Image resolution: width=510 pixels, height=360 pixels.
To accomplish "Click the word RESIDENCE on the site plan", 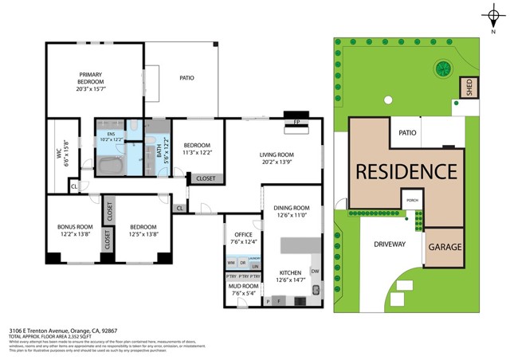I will (406, 171).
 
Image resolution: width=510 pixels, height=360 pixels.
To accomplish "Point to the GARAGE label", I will (445, 247).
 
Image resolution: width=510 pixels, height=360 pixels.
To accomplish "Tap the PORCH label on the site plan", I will (412, 201).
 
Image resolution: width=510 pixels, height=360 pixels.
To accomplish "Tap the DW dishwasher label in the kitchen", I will (316, 272).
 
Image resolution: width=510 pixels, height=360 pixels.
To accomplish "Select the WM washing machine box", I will (231, 263).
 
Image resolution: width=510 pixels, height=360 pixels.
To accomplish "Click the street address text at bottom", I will (62, 329).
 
